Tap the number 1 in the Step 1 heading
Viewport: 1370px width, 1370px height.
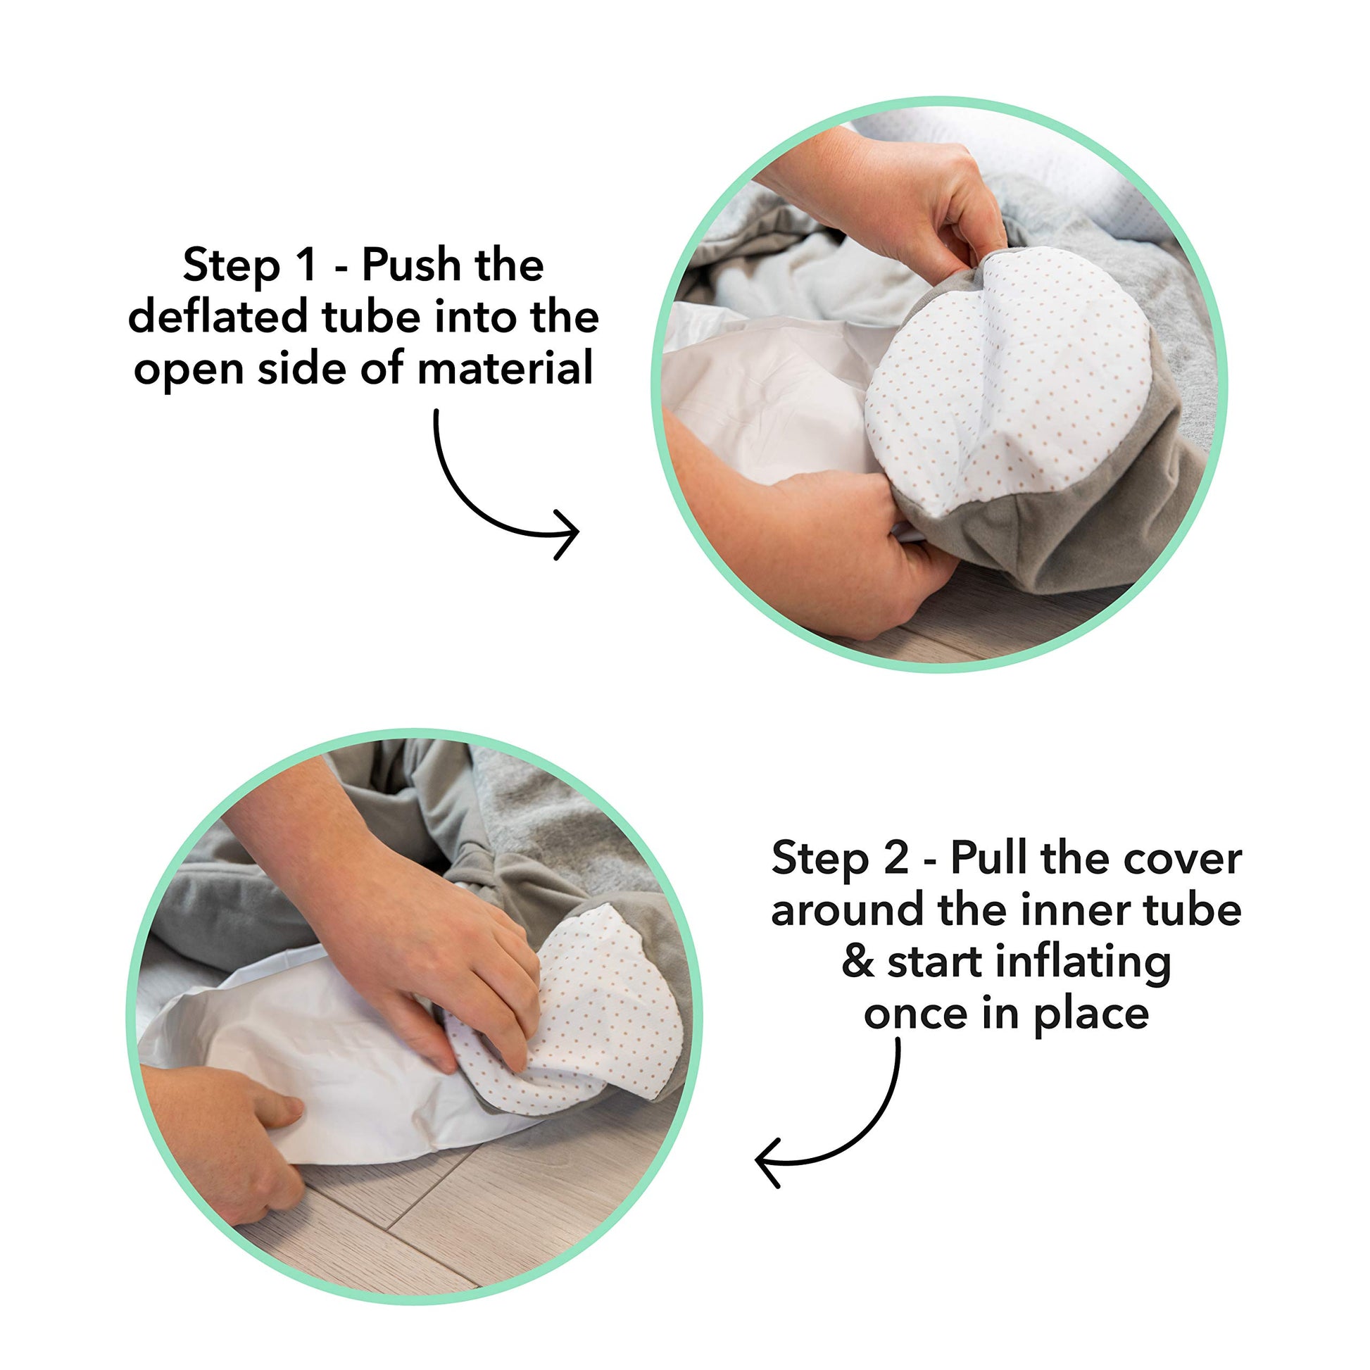click(x=306, y=265)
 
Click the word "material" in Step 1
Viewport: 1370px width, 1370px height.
click(x=505, y=369)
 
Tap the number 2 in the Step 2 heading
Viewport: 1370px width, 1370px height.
click(x=896, y=857)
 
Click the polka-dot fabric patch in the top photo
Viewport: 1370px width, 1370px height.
click(x=1007, y=383)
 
